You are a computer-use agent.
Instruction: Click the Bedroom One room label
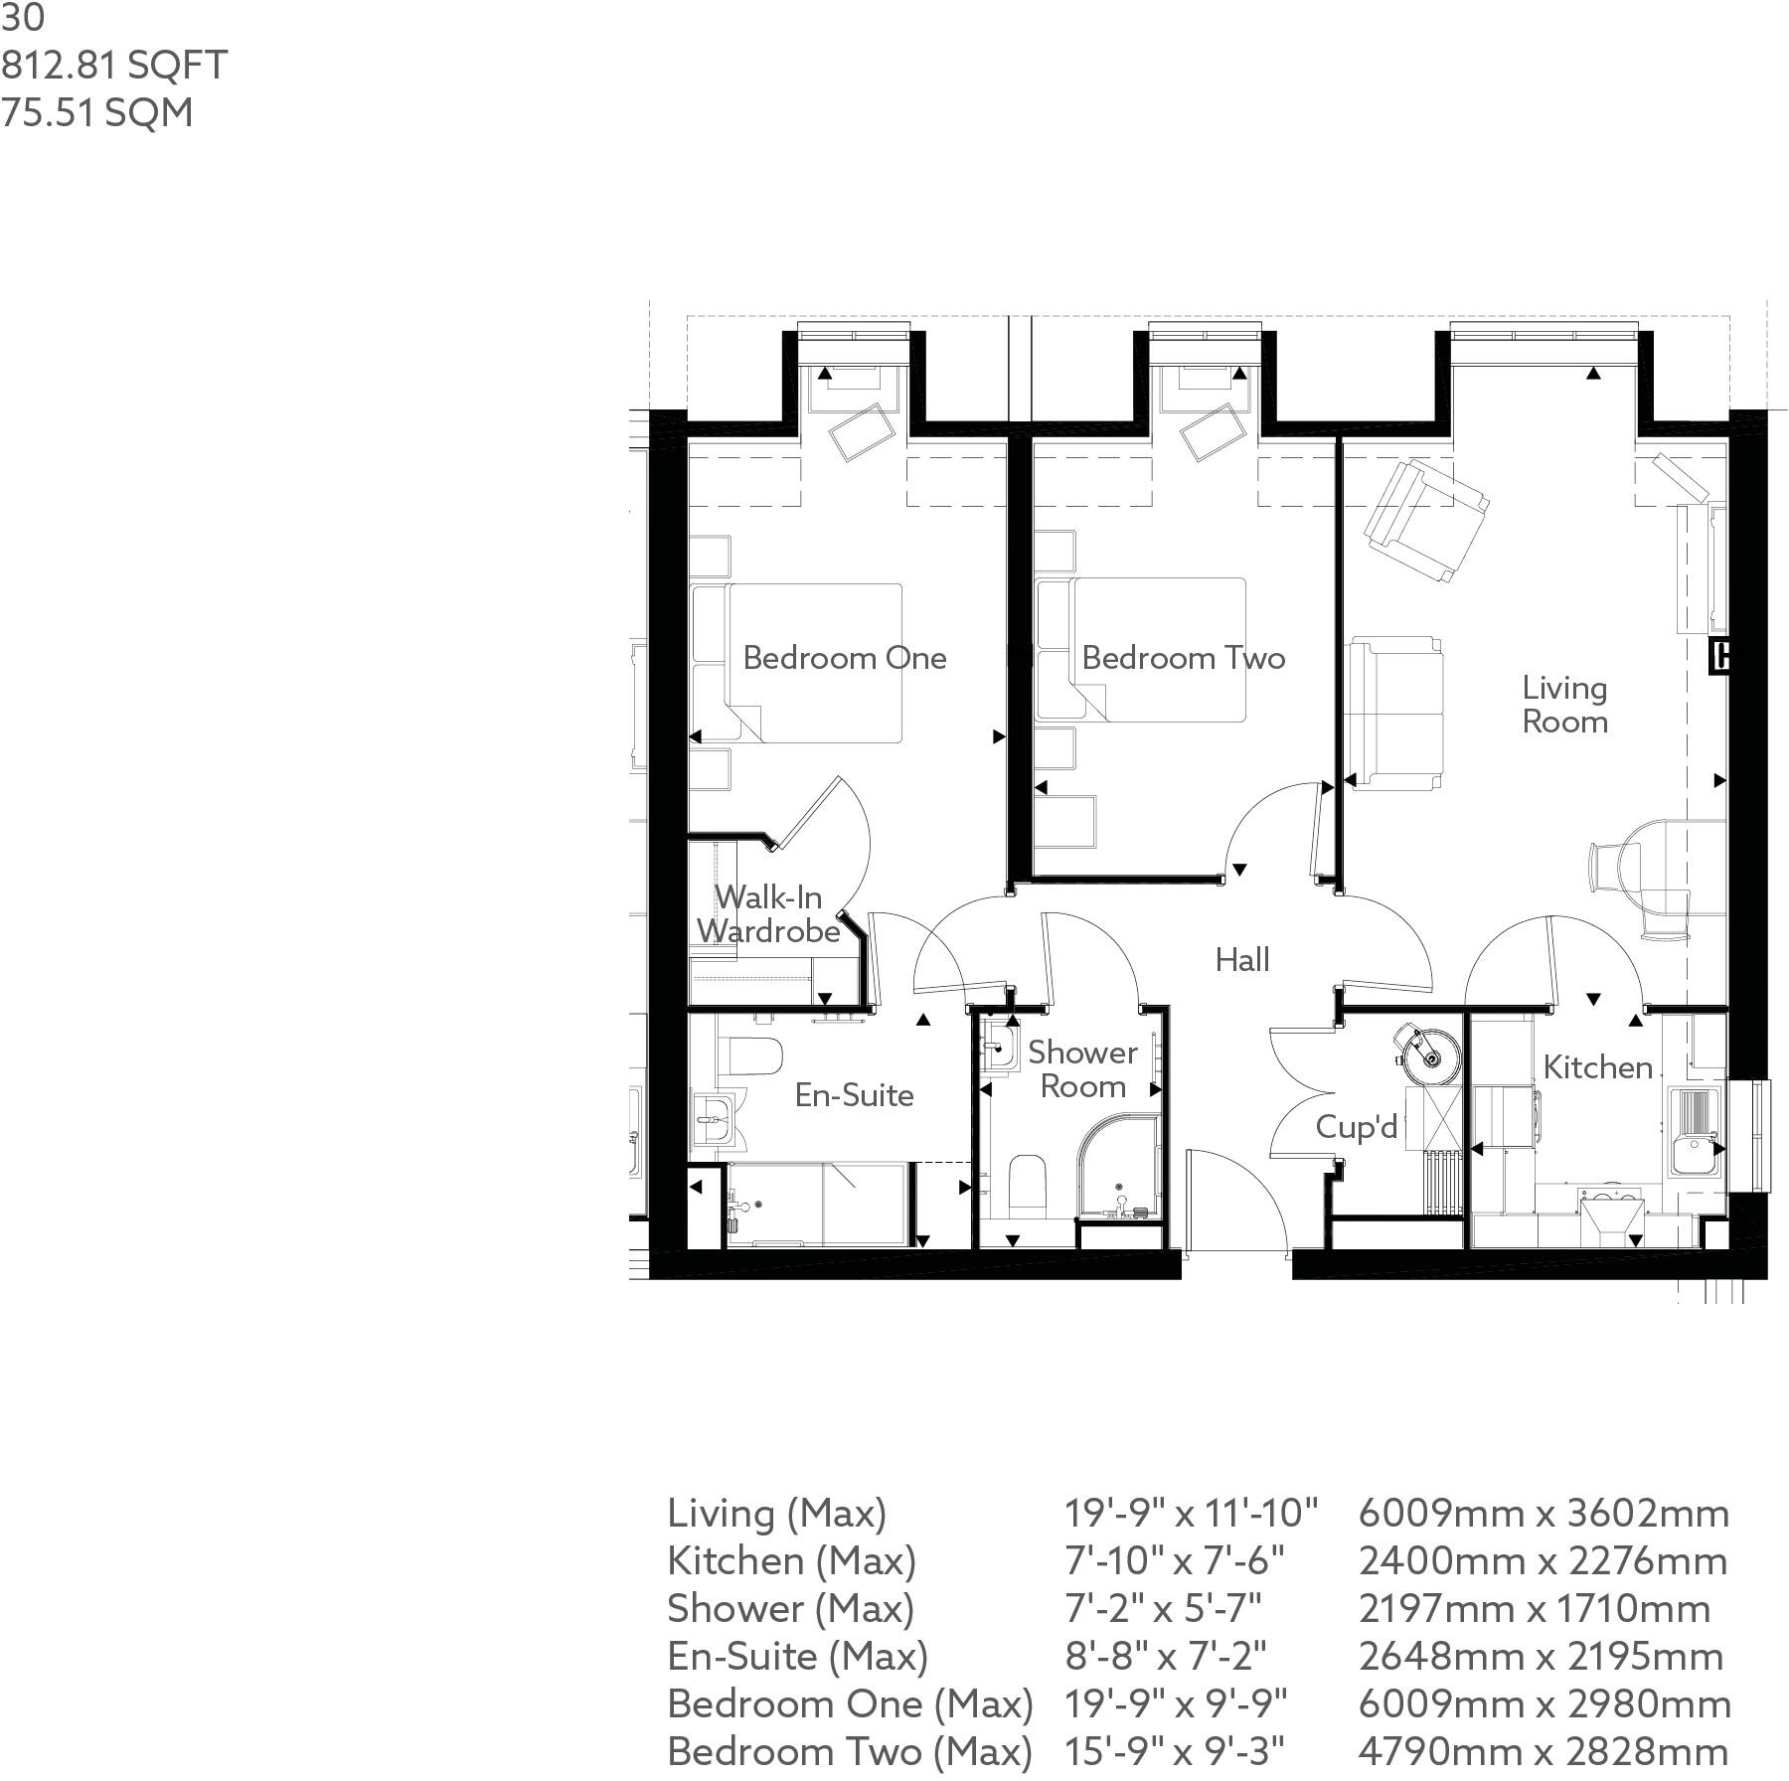[844, 658]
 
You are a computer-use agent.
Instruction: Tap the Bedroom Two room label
[1183, 658]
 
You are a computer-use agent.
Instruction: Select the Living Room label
[1564, 705]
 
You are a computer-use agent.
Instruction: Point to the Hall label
[1242, 960]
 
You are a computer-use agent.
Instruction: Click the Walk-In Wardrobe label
[768, 914]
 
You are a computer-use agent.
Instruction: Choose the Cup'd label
[1357, 1127]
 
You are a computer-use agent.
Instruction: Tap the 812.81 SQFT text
[114, 66]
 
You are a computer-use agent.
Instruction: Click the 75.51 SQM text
[97, 112]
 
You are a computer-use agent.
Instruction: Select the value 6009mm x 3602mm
[1544, 1514]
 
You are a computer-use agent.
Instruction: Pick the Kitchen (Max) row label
[791, 1561]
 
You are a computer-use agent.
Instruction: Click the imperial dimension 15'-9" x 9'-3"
[1175, 1751]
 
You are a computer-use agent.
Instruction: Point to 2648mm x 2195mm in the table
[1541, 1656]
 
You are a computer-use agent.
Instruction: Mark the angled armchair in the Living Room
[1425, 522]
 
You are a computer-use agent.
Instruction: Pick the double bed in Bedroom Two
[1143, 651]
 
